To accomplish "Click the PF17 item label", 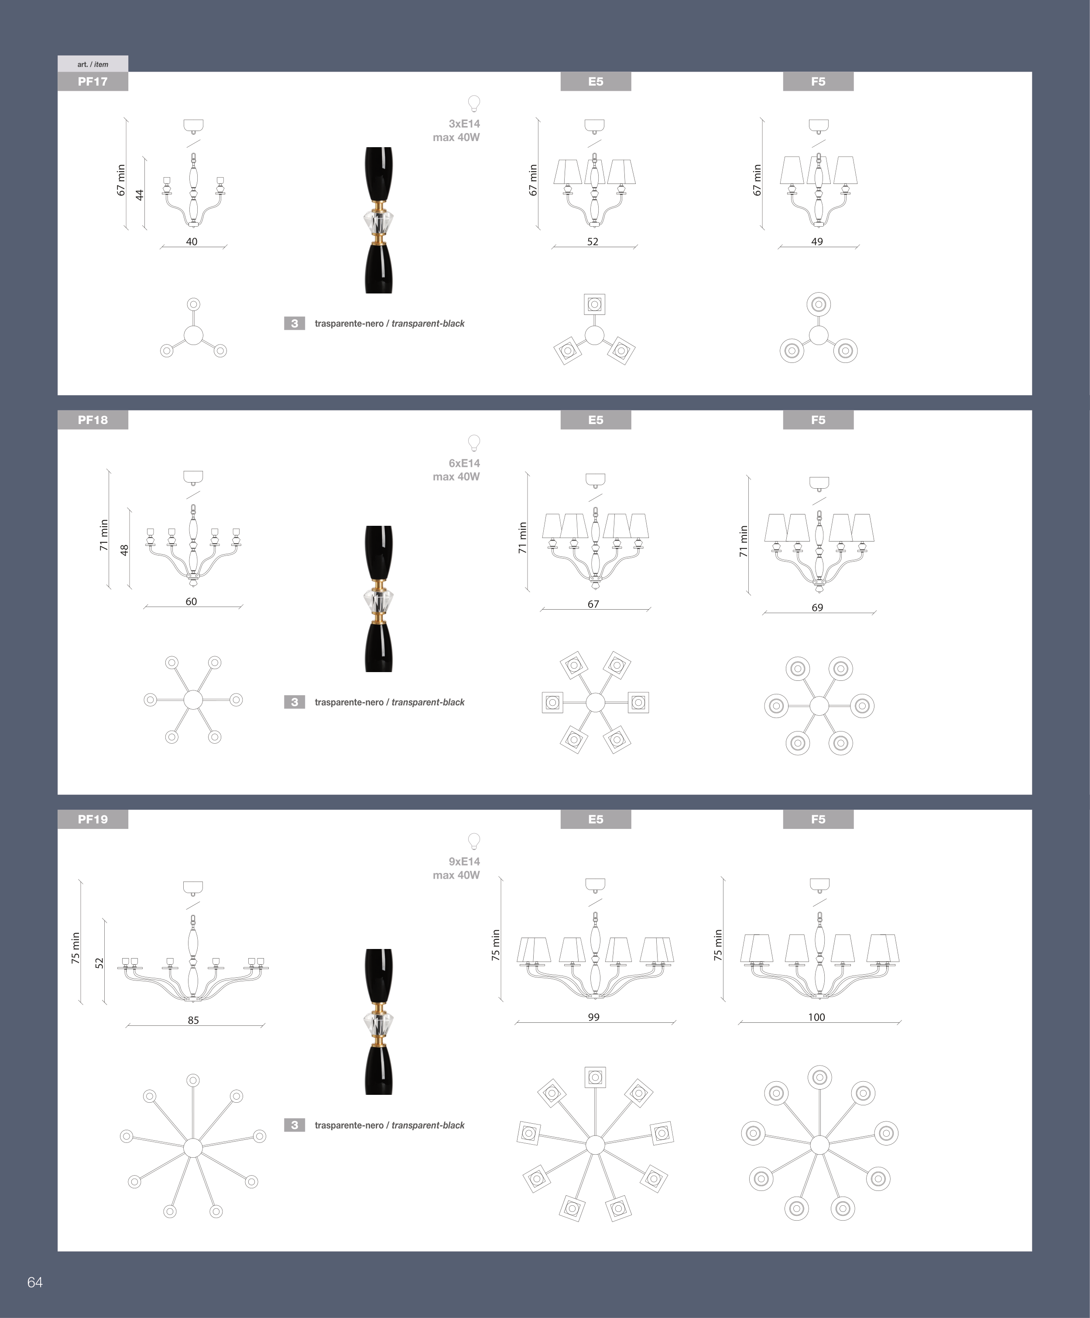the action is click(x=93, y=82).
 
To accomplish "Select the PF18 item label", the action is click(x=93, y=420).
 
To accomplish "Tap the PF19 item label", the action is click(x=93, y=819).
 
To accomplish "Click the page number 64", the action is click(x=35, y=1282).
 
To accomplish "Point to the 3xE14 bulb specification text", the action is click(x=464, y=124).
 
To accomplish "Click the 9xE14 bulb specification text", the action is click(x=464, y=862).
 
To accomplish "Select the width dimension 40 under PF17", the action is click(x=192, y=242).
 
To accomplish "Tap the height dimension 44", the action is click(x=140, y=195).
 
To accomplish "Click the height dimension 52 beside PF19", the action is click(x=99, y=963).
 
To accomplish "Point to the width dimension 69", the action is click(x=817, y=607).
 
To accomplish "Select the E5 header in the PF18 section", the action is click(x=596, y=420).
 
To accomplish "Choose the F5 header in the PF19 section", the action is click(x=819, y=819).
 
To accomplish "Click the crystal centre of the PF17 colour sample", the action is click(x=379, y=221).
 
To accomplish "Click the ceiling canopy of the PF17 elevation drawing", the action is click(x=193, y=125).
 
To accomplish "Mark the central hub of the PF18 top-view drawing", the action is click(x=193, y=700).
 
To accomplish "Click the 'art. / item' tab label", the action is click(x=93, y=64).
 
